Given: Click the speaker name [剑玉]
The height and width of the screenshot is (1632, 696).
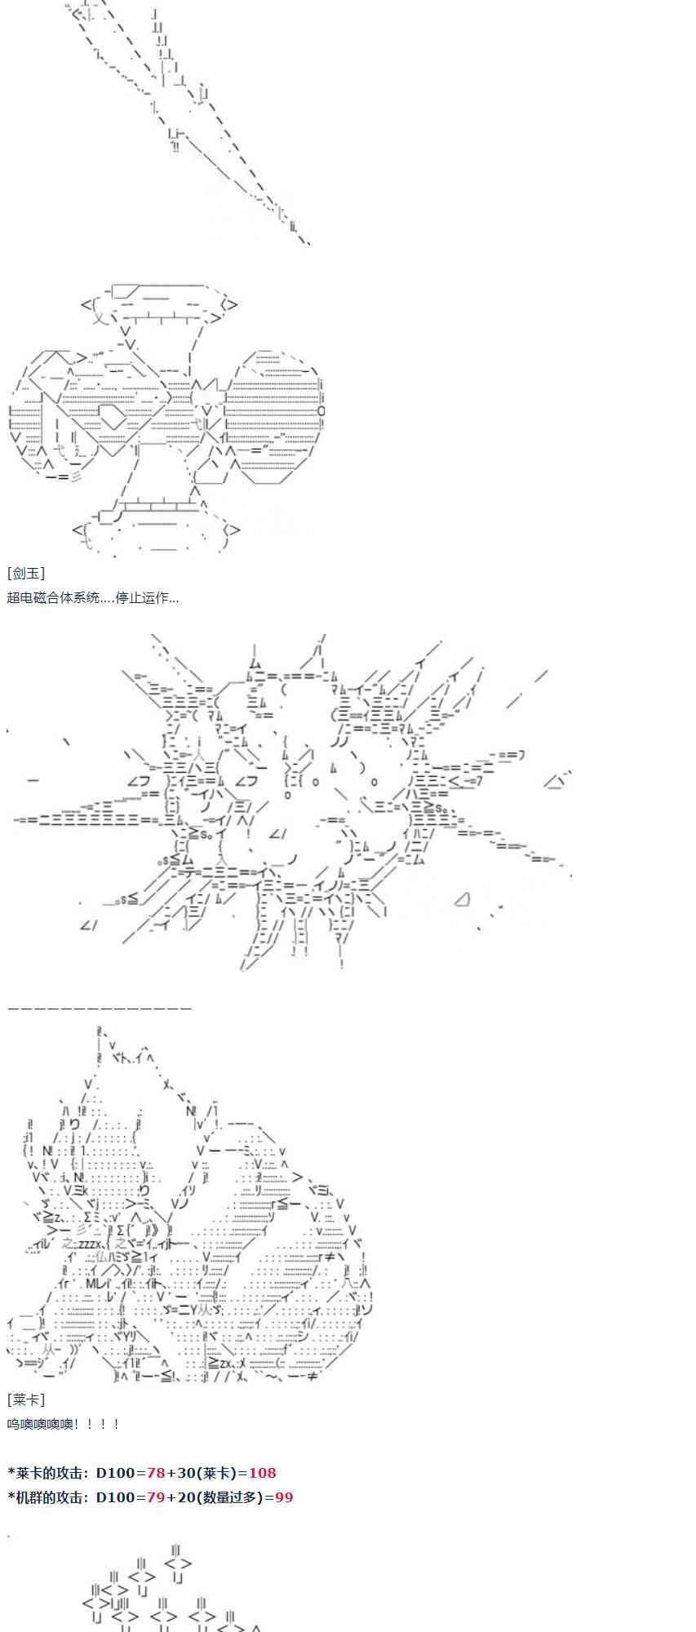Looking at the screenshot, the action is tap(26, 574).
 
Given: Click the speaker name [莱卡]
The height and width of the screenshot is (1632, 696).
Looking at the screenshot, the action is tap(26, 1399).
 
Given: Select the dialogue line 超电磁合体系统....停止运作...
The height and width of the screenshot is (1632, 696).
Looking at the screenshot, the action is tap(92, 597).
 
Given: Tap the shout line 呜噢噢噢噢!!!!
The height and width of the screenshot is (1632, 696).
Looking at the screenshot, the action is tap(64, 1424).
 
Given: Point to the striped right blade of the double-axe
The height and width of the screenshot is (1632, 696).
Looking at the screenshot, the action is tap(272, 416).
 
